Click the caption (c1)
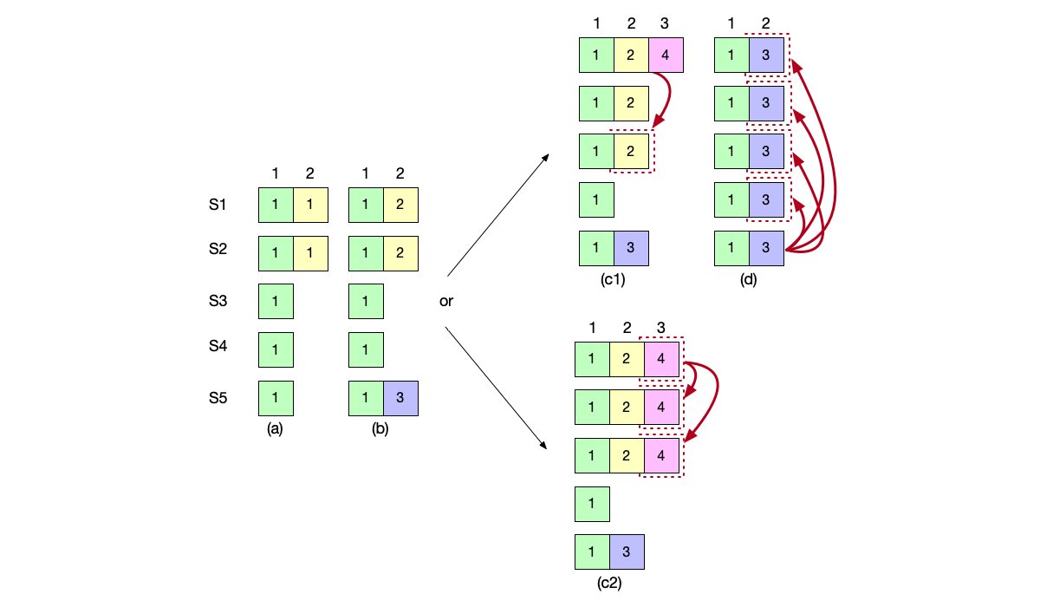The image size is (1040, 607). click(612, 279)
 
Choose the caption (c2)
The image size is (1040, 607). click(609, 583)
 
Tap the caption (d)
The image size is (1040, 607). click(749, 279)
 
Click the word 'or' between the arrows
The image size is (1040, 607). click(446, 302)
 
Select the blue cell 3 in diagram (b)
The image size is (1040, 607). click(400, 398)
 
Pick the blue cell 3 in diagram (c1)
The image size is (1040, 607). click(631, 247)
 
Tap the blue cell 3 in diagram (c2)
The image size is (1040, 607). click(627, 552)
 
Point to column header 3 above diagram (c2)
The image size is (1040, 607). click(661, 328)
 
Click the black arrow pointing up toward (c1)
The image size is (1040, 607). click(497, 216)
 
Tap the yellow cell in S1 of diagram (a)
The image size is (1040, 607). click(310, 206)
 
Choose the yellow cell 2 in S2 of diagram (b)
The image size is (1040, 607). click(400, 252)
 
